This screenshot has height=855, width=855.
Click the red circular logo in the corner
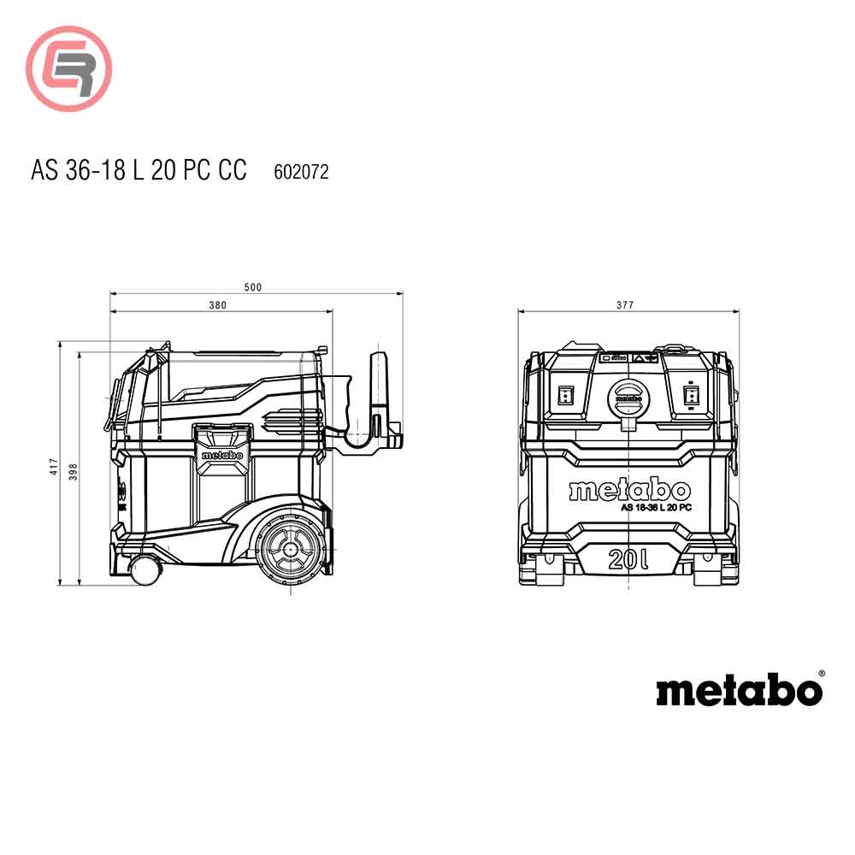coord(68,69)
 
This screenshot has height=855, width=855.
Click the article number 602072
coord(301,172)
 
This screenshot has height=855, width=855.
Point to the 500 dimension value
coord(253,287)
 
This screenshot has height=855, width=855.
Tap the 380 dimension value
coord(218,305)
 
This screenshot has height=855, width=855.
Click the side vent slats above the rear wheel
coord(282,422)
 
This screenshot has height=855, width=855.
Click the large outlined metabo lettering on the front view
coord(629,490)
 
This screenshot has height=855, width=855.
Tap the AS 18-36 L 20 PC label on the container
coord(656,508)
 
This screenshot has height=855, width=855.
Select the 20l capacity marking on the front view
coord(628,559)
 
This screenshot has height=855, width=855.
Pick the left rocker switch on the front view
coord(564,395)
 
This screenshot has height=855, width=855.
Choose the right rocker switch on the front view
coord(693,395)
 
